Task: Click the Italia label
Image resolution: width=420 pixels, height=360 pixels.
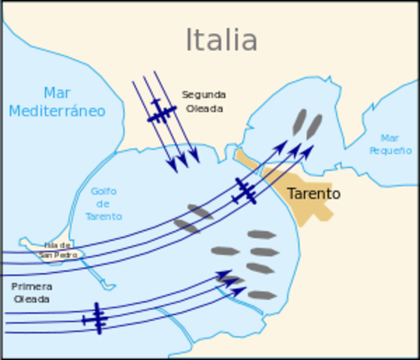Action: pyautogui.click(x=221, y=40)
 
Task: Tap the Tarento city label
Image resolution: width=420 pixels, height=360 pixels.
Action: pyautogui.click(x=313, y=193)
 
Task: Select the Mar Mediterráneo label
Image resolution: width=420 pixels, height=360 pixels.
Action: pyautogui.click(x=57, y=102)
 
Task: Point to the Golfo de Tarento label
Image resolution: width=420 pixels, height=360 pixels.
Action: pyautogui.click(x=103, y=203)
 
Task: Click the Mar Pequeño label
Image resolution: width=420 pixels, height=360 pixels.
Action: pyautogui.click(x=390, y=144)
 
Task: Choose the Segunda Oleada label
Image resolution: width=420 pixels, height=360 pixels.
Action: pyautogui.click(x=203, y=101)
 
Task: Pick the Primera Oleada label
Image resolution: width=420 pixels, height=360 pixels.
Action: pyautogui.click(x=31, y=292)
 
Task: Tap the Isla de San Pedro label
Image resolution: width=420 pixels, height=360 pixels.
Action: pyautogui.click(x=57, y=250)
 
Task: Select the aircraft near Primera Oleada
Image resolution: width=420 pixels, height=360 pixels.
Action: pyautogui.click(x=96, y=318)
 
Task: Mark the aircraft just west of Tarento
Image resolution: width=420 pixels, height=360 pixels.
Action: pyautogui.click(x=244, y=191)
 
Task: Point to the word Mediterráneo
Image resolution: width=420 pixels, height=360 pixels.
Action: pyautogui.click(x=57, y=111)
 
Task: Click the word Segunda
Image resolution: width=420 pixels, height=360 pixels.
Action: pyautogui.click(x=203, y=95)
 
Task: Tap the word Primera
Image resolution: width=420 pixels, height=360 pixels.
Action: pyautogui.click(x=31, y=286)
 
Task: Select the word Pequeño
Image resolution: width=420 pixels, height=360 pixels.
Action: pyautogui.click(x=390, y=150)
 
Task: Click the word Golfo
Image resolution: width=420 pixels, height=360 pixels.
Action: pyautogui.click(x=103, y=190)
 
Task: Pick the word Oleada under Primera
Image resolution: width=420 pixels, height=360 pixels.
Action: pyautogui.click(x=31, y=299)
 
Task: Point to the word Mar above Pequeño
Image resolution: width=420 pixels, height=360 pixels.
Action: pyautogui.click(x=389, y=138)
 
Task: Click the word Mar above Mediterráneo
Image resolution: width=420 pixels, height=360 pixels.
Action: pyautogui.click(x=57, y=93)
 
